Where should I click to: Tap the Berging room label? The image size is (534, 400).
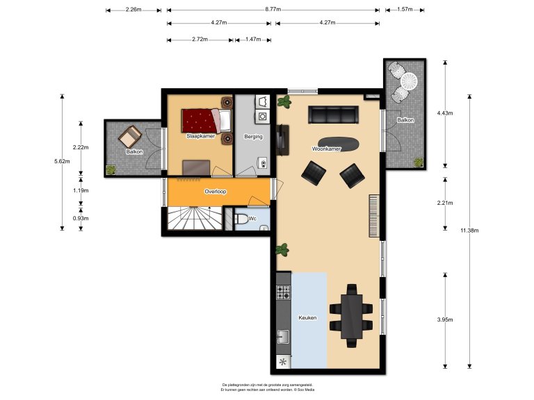[253, 137]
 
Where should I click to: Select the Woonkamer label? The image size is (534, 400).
[326, 149]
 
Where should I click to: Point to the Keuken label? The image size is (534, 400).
[307, 317]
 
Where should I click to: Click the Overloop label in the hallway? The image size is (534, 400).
[216, 191]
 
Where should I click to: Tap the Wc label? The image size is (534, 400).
[253, 219]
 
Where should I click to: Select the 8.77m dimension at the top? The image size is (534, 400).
[273, 10]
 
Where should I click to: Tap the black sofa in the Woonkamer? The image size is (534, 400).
[333, 114]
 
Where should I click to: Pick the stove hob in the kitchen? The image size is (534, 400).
[283, 292]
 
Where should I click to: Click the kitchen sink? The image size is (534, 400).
[283, 337]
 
